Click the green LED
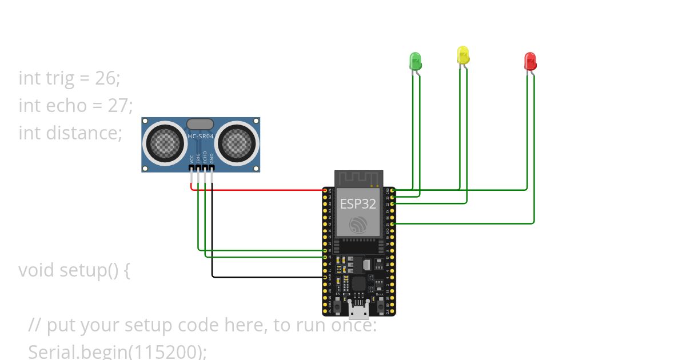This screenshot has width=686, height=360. click(415, 61)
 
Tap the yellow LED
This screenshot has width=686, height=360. click(462, 55)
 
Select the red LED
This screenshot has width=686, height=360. click(530, 61)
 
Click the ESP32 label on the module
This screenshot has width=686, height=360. click(358, 204)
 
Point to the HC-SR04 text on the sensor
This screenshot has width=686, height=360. click(201, 136)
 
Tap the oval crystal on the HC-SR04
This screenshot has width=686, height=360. click(201, 123)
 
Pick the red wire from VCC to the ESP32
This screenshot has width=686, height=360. click(257, 190)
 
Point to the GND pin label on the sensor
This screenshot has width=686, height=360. click(212, 159)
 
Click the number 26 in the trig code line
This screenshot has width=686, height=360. click(105, 78)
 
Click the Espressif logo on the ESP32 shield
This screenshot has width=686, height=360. click(358, 225)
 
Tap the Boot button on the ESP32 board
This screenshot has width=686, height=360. click(380, 300)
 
